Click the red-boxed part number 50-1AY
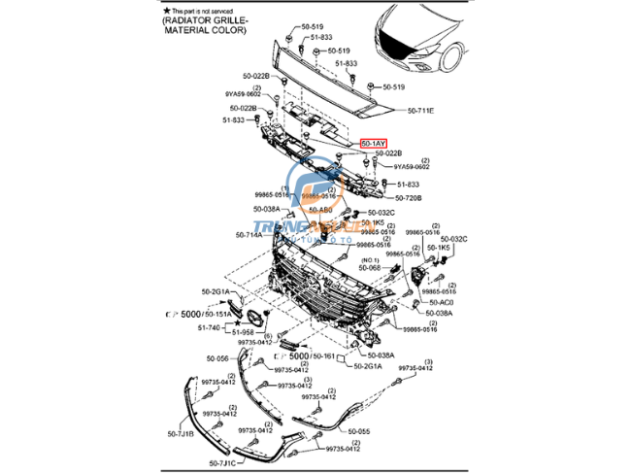pyautogui.click(x=374, y=144)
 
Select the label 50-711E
pyautogui.click(x=421, y=111)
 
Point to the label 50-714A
pyautogui.click(x=249, y=235)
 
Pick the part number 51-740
pyautogui.click(x=211, y=328)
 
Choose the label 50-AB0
pyautogui.click(x=319, y=209)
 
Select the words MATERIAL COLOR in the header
pyautogui.click(x=209, y=30)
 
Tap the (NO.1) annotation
pyautogui.click(x=370, y=260)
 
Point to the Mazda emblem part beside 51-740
pyautogui.click(x=254, y=319)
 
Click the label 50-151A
pyautogui.click(x=217, y=315)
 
